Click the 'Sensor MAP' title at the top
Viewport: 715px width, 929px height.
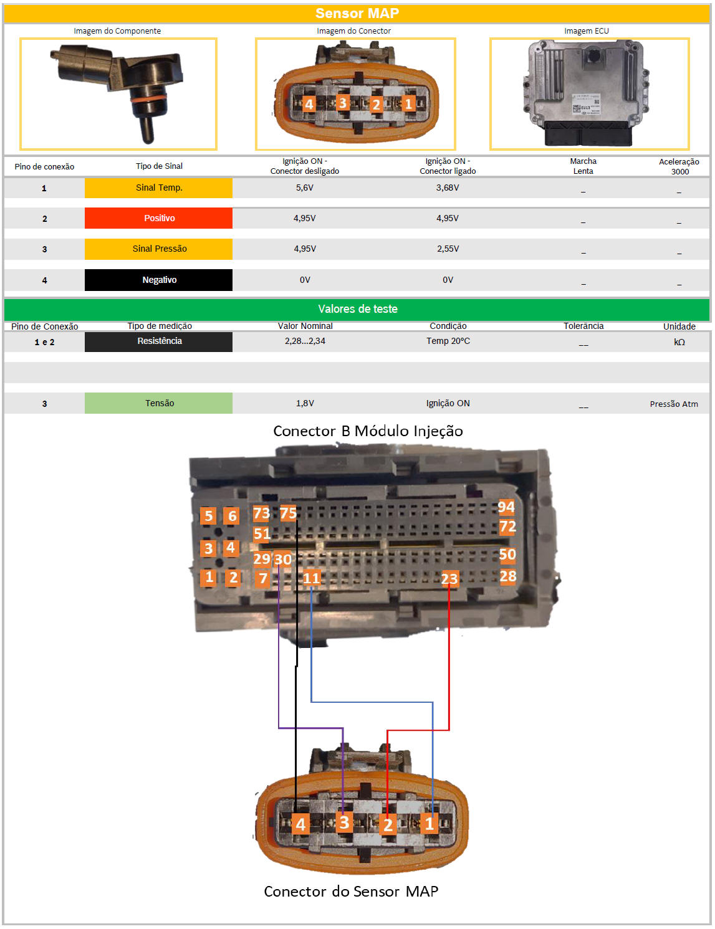point(357,13)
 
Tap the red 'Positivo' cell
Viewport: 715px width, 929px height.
point(159,218)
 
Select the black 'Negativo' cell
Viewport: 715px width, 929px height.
point(159,280)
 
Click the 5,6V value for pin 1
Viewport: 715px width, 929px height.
point(304,188)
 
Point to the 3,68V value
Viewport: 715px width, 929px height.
point(448,188)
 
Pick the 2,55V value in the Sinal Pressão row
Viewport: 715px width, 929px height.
point(448,249)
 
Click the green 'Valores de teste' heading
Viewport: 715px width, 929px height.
point(358,309)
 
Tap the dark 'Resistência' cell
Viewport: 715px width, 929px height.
point(159,341)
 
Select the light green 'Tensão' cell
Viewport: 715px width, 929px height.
point(159,403)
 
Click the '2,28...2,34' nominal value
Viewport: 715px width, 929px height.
point(305,341)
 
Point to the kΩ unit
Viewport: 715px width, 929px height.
point(679,342)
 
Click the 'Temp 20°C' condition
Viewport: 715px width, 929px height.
point(448,341)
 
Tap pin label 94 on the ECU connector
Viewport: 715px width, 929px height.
point(506,507)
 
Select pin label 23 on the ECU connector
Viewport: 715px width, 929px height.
point(449,579)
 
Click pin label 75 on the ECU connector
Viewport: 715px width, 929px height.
point(288,513)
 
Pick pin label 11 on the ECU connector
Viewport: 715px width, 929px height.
point(311,578)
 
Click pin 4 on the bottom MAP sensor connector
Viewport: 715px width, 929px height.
point(300,824)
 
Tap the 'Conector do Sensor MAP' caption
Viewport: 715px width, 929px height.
point(351,892)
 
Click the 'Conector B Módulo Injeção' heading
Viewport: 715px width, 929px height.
point(368,431)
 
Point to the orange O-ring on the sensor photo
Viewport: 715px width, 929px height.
point(148,99)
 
